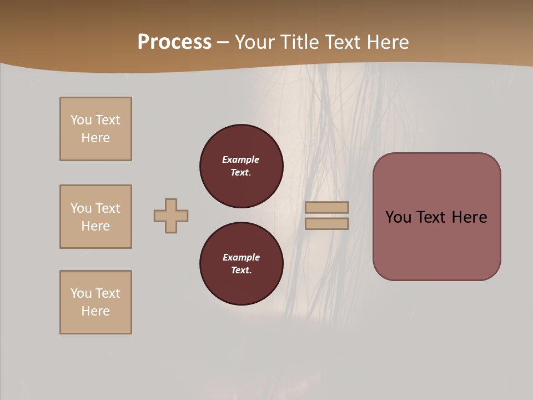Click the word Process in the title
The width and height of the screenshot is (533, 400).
pos(174,42)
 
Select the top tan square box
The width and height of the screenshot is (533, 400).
pos(95,129)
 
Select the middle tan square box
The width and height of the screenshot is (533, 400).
pos(95,217)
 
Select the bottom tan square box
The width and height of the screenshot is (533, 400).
pos(95,302)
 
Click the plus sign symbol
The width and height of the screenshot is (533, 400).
pos(171,216)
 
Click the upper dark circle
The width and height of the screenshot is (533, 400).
pos(242,166)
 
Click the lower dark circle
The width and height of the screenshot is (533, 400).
pos(242,264)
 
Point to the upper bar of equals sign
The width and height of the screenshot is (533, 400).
pos(326,207)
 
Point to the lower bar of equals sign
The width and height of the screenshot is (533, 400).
pos(326,224)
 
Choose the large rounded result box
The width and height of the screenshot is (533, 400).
pos(436,244)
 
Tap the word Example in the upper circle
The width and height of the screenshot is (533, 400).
pos(241,159)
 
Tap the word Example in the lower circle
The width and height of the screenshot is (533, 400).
pos(241,257)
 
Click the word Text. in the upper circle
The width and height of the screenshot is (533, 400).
pos(241,173)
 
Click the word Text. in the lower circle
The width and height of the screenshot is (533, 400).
pos(241,271)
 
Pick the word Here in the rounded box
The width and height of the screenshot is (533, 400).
pos(469,217)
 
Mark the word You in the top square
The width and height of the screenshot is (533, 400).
pos(81,120)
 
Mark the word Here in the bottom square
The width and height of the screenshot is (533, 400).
pos(95,311)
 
